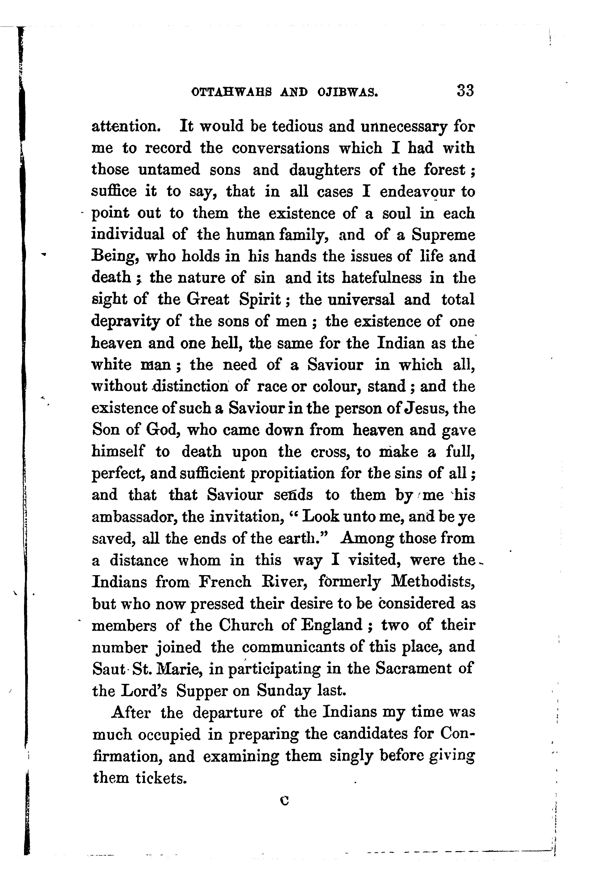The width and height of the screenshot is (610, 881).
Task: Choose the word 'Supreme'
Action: pos(443,235)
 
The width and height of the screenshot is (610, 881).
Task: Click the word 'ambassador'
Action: pos(133,517)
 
